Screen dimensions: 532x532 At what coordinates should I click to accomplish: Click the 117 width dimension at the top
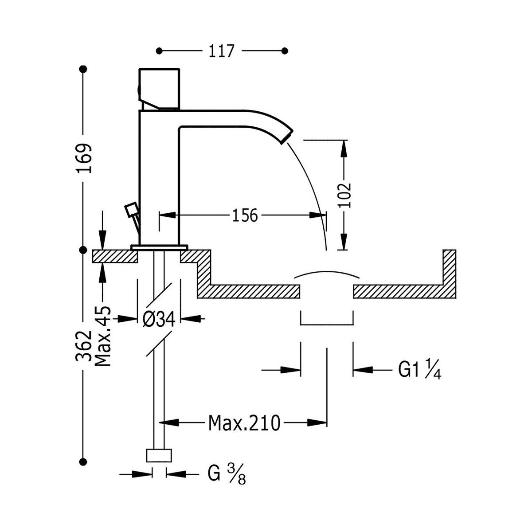[221, 51]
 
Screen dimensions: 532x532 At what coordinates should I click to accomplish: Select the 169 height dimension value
[83, 158]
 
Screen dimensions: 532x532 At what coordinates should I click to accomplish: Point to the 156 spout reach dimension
[244, 215]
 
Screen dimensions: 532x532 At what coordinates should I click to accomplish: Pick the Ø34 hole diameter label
[159, 319]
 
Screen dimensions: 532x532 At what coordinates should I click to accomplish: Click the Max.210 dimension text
[244, 423]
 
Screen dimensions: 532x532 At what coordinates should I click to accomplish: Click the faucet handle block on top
[160, 88]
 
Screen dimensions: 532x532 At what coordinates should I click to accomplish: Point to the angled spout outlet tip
[286, 136]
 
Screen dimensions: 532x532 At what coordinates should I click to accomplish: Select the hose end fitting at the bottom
[159, 456]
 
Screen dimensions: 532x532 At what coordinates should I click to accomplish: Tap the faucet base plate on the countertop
[159, 246]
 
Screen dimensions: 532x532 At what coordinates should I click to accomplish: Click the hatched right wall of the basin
[449, 270]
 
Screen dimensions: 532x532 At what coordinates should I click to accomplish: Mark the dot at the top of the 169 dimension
[83, 69]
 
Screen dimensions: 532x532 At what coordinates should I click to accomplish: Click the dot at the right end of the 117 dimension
[285, 51]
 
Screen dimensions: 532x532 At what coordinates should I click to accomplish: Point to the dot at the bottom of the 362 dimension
[83, 460]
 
